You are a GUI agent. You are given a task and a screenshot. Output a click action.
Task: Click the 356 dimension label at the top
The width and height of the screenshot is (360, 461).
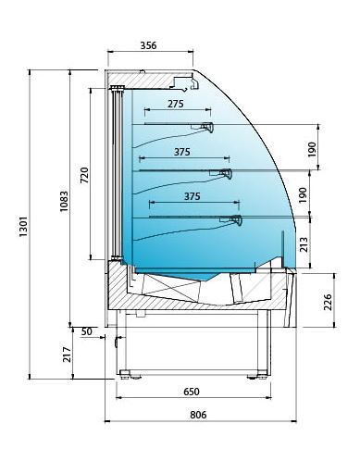pos(148,45)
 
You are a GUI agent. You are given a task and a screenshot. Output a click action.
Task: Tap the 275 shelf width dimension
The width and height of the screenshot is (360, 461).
pos(176,104)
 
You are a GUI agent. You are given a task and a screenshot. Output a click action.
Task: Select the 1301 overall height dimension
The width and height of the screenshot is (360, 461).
pos(24,226)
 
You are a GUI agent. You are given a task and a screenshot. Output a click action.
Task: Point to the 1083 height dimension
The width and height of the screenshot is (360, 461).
pos(64,201)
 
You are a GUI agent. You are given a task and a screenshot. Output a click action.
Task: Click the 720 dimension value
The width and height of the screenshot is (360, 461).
pos(84,175)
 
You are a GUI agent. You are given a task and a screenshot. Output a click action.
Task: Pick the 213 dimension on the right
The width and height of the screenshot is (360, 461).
pos(304,244)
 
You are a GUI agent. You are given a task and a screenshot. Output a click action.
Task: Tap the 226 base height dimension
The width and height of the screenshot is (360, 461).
pos(328,302)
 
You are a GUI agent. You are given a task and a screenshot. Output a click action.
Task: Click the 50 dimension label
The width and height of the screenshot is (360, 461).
pos(87,331)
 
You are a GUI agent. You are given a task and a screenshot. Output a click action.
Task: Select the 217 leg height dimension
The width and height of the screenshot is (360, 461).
pos(67,355)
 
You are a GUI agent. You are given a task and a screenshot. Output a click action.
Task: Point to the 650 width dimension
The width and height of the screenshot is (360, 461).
pos(192,392)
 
